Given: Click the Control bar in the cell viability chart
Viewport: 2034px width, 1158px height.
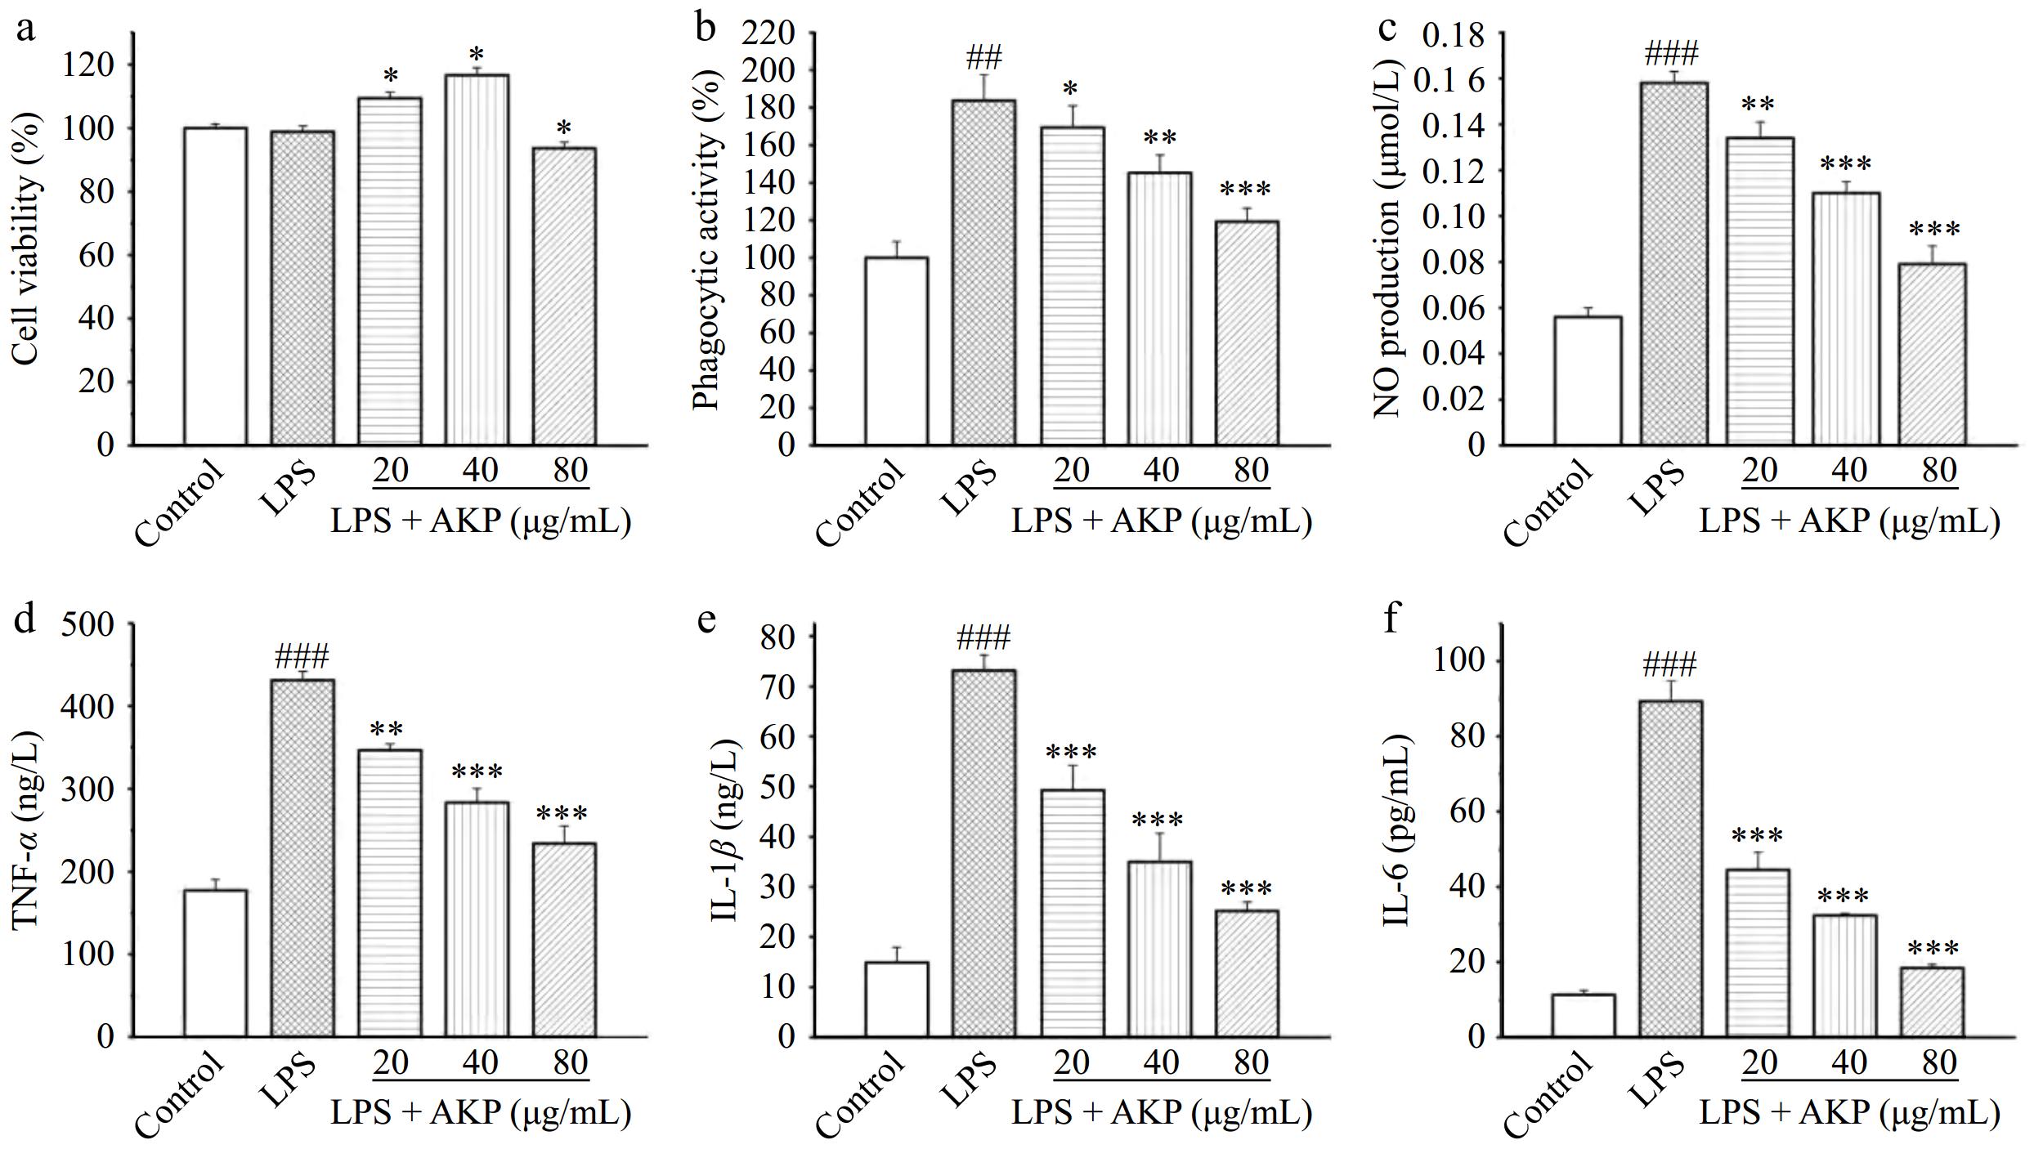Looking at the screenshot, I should click(215, 286).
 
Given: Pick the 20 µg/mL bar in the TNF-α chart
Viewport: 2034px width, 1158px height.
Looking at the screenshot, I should click(391, 893).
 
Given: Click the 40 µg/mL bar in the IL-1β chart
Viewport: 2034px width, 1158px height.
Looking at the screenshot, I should click(1159, 949).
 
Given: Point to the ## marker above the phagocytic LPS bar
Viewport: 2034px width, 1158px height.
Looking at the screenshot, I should click(983, 59).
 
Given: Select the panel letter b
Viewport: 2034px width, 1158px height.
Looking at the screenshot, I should click(705, 29).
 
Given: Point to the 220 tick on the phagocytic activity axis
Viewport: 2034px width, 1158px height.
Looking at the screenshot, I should click(768, 34).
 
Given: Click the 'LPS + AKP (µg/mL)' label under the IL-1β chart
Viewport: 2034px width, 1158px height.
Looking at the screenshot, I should click(1161, 1113).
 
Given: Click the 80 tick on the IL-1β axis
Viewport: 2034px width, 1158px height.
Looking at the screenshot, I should click(777, 637).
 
